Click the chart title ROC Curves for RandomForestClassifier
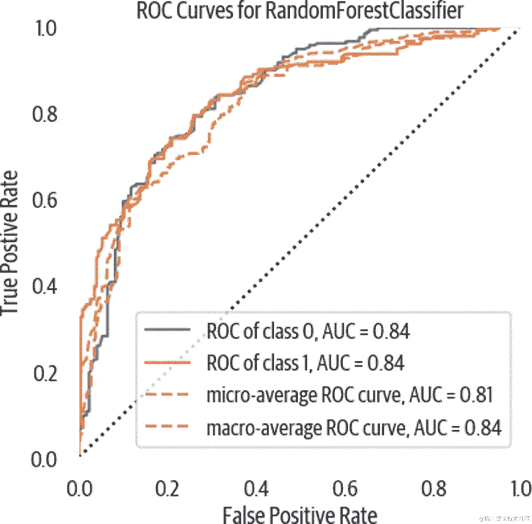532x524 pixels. click(300, 11)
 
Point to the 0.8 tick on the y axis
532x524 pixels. click(45, 114)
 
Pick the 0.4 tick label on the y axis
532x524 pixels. click(45, 286)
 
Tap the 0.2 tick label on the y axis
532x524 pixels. click(45, 373)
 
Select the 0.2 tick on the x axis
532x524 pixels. click(167, 488)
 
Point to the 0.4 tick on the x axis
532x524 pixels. click(256, 488)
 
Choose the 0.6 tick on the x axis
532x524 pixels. click(345, 488)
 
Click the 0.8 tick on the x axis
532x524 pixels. click(434, 488)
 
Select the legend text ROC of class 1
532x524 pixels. click(257, 363)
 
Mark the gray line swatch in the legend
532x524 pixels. click(167, 330)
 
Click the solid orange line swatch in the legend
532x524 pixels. click(167, 362)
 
